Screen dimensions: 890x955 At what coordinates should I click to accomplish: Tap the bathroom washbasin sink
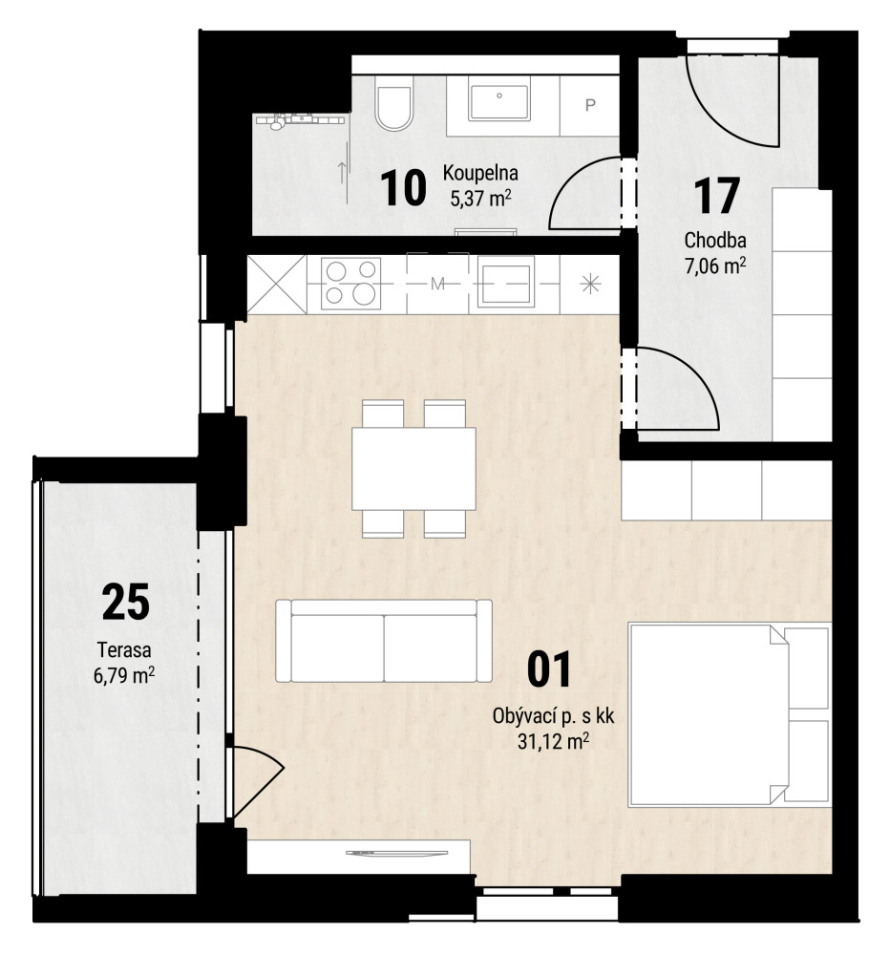click(498, 102)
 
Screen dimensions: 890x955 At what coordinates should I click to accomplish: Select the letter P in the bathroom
click(590, 105)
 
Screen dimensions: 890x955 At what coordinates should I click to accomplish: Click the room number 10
click(403, 188)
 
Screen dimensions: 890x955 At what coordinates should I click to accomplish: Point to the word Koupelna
click(480, 173)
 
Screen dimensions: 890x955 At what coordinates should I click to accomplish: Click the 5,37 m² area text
click(480, 198)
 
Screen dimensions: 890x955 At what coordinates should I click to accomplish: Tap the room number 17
click(716, 196)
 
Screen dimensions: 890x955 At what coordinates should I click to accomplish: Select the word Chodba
click(715, 240)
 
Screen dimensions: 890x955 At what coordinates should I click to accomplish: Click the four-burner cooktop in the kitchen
click(350, 284)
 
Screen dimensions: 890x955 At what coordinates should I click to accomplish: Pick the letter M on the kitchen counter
click(437, 284)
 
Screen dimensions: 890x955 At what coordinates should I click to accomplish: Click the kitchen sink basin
click(505, 281)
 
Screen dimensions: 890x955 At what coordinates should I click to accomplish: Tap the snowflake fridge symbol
click(590, 285)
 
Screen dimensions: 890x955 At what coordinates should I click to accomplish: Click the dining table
click(413, 468)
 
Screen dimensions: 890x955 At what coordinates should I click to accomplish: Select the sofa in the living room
click(384, 640)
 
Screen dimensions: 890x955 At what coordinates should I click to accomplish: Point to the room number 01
click(549, 669)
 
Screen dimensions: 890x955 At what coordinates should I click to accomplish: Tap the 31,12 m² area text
click(553, 741)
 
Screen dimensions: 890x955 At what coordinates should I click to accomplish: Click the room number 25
click(125, 602)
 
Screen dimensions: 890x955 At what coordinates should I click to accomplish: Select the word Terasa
click(124, 649)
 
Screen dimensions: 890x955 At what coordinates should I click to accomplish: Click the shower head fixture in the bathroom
click(277, 122)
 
